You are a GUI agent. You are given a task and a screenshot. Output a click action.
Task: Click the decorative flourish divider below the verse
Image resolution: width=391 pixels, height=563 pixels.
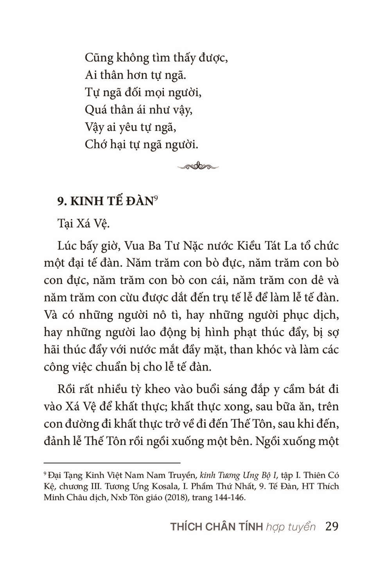click(x=198, y=166)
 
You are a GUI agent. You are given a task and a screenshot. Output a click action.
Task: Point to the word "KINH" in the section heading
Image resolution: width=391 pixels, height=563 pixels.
click(x=90, y=202)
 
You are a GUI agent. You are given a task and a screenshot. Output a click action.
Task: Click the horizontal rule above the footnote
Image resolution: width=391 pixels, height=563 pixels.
click(x=112, y=462)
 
